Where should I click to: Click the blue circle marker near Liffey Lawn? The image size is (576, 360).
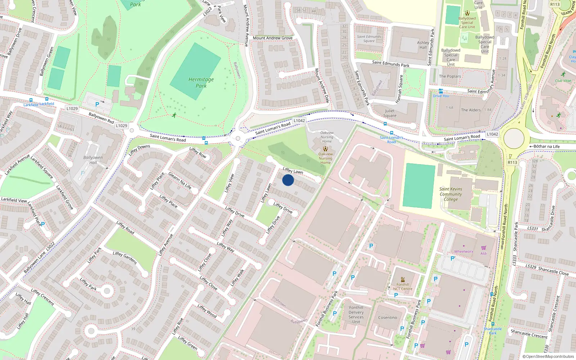tap(288, 180)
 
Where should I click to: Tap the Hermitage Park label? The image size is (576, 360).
tap(201, 82)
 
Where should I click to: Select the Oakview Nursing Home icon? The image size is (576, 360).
tap(325, 148)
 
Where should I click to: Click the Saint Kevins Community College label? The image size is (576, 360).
tap(451, 194)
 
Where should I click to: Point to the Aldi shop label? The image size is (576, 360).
tap(483, 253)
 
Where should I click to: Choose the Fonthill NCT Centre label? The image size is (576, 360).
tap(402, 287)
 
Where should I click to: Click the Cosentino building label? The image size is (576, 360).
tap(387, 318)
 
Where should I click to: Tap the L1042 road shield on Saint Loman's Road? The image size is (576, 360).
tap(299, 121)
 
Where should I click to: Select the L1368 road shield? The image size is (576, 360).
tap(492, 134)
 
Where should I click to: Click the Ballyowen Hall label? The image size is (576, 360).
tap(93, 160)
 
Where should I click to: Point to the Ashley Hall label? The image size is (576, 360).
tap(423, 45)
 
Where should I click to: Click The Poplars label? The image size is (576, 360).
tap(450, 76)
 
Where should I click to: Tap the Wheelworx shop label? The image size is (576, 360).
tap(464, 252)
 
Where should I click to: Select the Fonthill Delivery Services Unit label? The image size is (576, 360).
tap(356, 315)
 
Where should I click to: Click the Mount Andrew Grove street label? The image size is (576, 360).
tap(273, 38)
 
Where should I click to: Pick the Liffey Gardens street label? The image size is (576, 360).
tap(125, 258)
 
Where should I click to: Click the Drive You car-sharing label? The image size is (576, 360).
tap(441, 96)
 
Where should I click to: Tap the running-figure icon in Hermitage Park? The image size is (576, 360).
tap(174, 116)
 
